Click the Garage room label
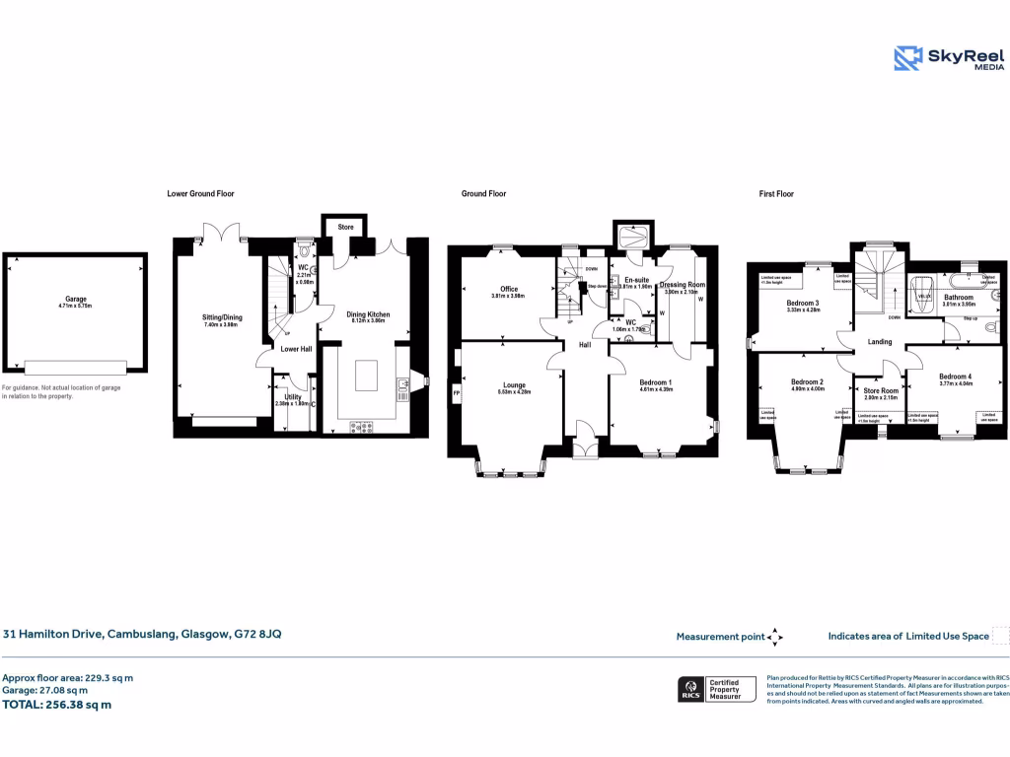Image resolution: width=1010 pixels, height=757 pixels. point(76,300)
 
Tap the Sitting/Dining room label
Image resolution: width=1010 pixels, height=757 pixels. point(222,317)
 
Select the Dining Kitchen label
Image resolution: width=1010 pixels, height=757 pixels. point(367,315)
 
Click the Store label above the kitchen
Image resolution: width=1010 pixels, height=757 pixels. point(345,228)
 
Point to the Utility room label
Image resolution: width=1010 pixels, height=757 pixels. point(293,396)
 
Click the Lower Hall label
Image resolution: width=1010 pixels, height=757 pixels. point(295,349)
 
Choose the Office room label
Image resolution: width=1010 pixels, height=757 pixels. point(509,289)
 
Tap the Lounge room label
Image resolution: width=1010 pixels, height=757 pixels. point(513,385)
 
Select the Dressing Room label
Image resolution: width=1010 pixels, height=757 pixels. point(684,284)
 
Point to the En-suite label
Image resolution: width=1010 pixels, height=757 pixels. point(636,280)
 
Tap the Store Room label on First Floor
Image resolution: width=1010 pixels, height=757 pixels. point(880,390)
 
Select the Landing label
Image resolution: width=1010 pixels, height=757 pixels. point(879,342)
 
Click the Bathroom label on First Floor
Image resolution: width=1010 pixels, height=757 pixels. point(958,297)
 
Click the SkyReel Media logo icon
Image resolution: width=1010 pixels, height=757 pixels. point(907,58)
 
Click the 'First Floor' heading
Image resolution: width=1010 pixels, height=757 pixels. point(776,194)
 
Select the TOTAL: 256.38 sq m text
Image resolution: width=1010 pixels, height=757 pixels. point(56,705)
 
